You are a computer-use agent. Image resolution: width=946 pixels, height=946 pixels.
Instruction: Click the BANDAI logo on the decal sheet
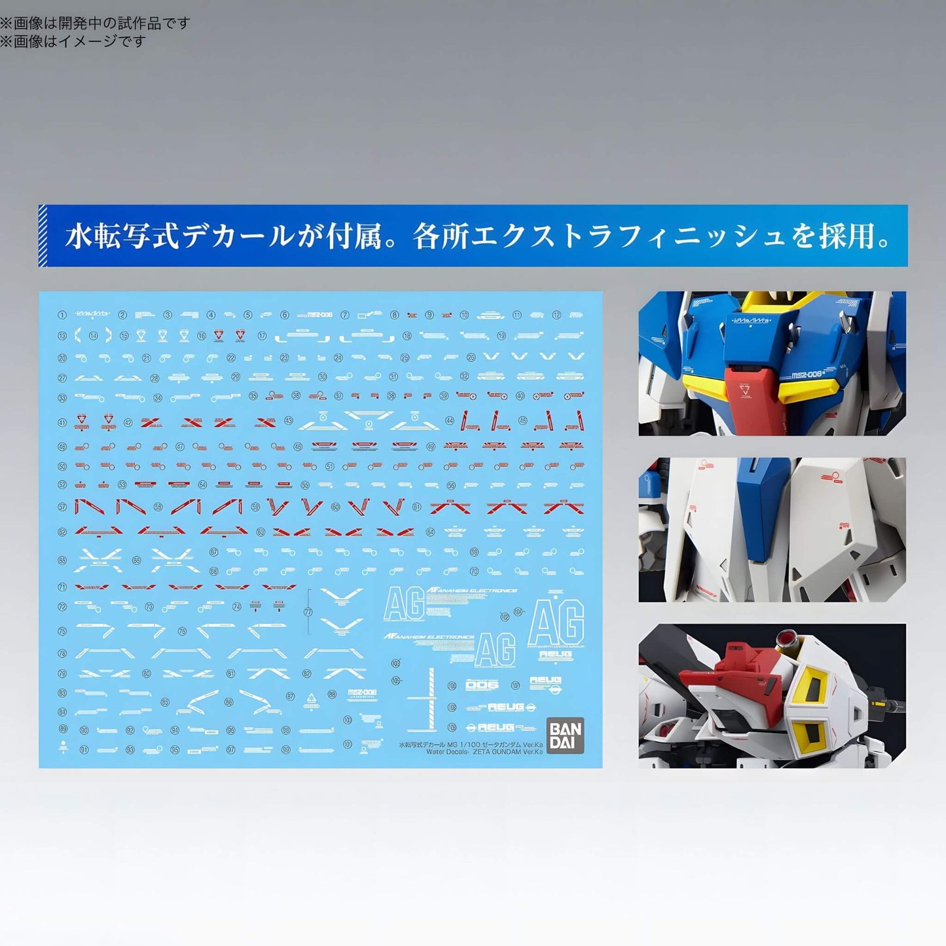coord(564,736)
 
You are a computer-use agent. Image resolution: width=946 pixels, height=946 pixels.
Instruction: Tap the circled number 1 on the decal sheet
coord(62,315)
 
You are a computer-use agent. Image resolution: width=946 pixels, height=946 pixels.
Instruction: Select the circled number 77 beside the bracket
coord(308,612)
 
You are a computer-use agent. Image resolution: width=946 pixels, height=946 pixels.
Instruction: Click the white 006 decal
coord(482,685)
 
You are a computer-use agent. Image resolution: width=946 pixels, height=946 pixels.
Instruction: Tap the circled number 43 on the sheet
coord(289,421)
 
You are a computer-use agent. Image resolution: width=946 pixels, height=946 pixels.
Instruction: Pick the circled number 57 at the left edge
coord(62,507)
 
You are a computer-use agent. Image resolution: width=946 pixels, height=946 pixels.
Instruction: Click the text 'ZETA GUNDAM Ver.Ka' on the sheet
coord(503,752)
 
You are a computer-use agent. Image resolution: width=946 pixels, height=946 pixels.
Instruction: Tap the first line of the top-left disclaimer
coord(95,23)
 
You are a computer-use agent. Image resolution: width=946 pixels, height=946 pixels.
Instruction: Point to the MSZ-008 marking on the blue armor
coord(806,375)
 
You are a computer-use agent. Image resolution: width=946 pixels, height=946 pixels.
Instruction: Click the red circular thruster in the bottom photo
coord(786,637)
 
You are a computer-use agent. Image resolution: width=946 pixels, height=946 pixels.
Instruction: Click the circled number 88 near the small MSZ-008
coord(333,694)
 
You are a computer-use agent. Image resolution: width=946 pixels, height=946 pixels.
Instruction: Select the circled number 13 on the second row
coord(62,336)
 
